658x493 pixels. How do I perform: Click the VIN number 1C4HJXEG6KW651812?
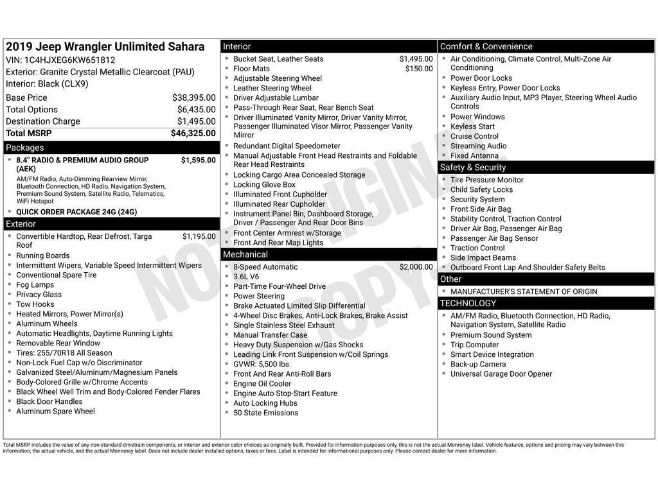point(71,60)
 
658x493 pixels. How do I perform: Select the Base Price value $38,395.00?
point(193,98)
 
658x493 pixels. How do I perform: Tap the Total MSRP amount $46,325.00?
point(193,134)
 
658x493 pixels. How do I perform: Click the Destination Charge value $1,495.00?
point(196,121)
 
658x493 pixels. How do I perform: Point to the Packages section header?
point(25,148)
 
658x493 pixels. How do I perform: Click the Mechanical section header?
point(245,255)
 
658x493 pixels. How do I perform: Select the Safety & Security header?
point(472,168)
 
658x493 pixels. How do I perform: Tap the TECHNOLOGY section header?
point(468,304)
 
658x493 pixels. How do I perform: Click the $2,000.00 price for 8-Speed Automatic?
point(416,267)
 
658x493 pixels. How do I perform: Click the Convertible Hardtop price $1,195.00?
point(199,236)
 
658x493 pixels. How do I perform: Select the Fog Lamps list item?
point(35,285)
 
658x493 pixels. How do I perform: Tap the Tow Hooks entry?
point(35,304)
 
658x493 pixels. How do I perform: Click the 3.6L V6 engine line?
point(246,277)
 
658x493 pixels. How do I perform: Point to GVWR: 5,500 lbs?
point(261,364)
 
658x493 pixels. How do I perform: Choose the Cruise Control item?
point(474,136)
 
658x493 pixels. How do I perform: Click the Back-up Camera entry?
point(478,364)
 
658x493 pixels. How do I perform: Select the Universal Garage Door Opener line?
point(501,374)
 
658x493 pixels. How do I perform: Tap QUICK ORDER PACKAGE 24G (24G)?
point(76,212)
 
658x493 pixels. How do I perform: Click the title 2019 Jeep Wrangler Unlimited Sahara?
point(105,47)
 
